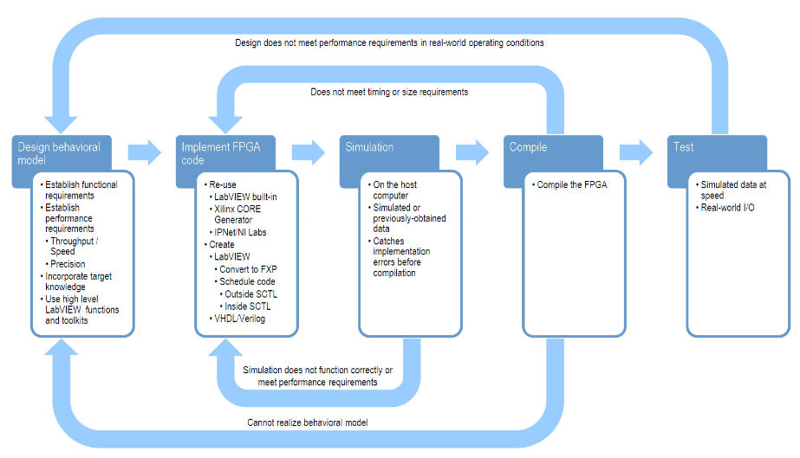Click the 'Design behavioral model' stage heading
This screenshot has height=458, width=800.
click(x=59, y=153)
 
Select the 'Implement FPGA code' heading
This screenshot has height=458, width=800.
click(x=221, y=153)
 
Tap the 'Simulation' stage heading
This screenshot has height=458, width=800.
click(x=369, y=147)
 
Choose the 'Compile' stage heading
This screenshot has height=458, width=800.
click(x=528, y=147)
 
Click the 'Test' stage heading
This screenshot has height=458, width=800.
click(x=683, y=147)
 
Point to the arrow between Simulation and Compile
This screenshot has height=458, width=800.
click(x=472, y=152)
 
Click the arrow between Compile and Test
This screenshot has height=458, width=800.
click(x=636, y=152)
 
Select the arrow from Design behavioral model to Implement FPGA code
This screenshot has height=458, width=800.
click(x=145, y=152)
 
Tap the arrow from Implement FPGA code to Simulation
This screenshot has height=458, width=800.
click(x=309, y=152)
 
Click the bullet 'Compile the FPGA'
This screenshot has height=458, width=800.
click(x=569, y=185)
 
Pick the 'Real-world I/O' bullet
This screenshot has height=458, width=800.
click(x=725, y=208)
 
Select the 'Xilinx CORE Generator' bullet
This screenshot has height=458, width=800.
click(x=235, y=215)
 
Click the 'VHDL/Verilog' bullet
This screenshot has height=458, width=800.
click(x=237, y=319)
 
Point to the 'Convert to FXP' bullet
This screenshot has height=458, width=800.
click(x=246, y=269)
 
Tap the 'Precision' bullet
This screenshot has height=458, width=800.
click(x=65, y=264)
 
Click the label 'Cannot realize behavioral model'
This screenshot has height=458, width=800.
click(x=308, y=423)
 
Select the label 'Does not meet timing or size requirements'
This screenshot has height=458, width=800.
click(x=389, y=93)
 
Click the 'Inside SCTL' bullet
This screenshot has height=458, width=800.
click(x=245, y=306)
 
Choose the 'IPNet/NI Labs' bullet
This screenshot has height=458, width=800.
click(x=237, y=232)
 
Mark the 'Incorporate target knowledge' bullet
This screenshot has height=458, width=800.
click(x=76, y=281)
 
